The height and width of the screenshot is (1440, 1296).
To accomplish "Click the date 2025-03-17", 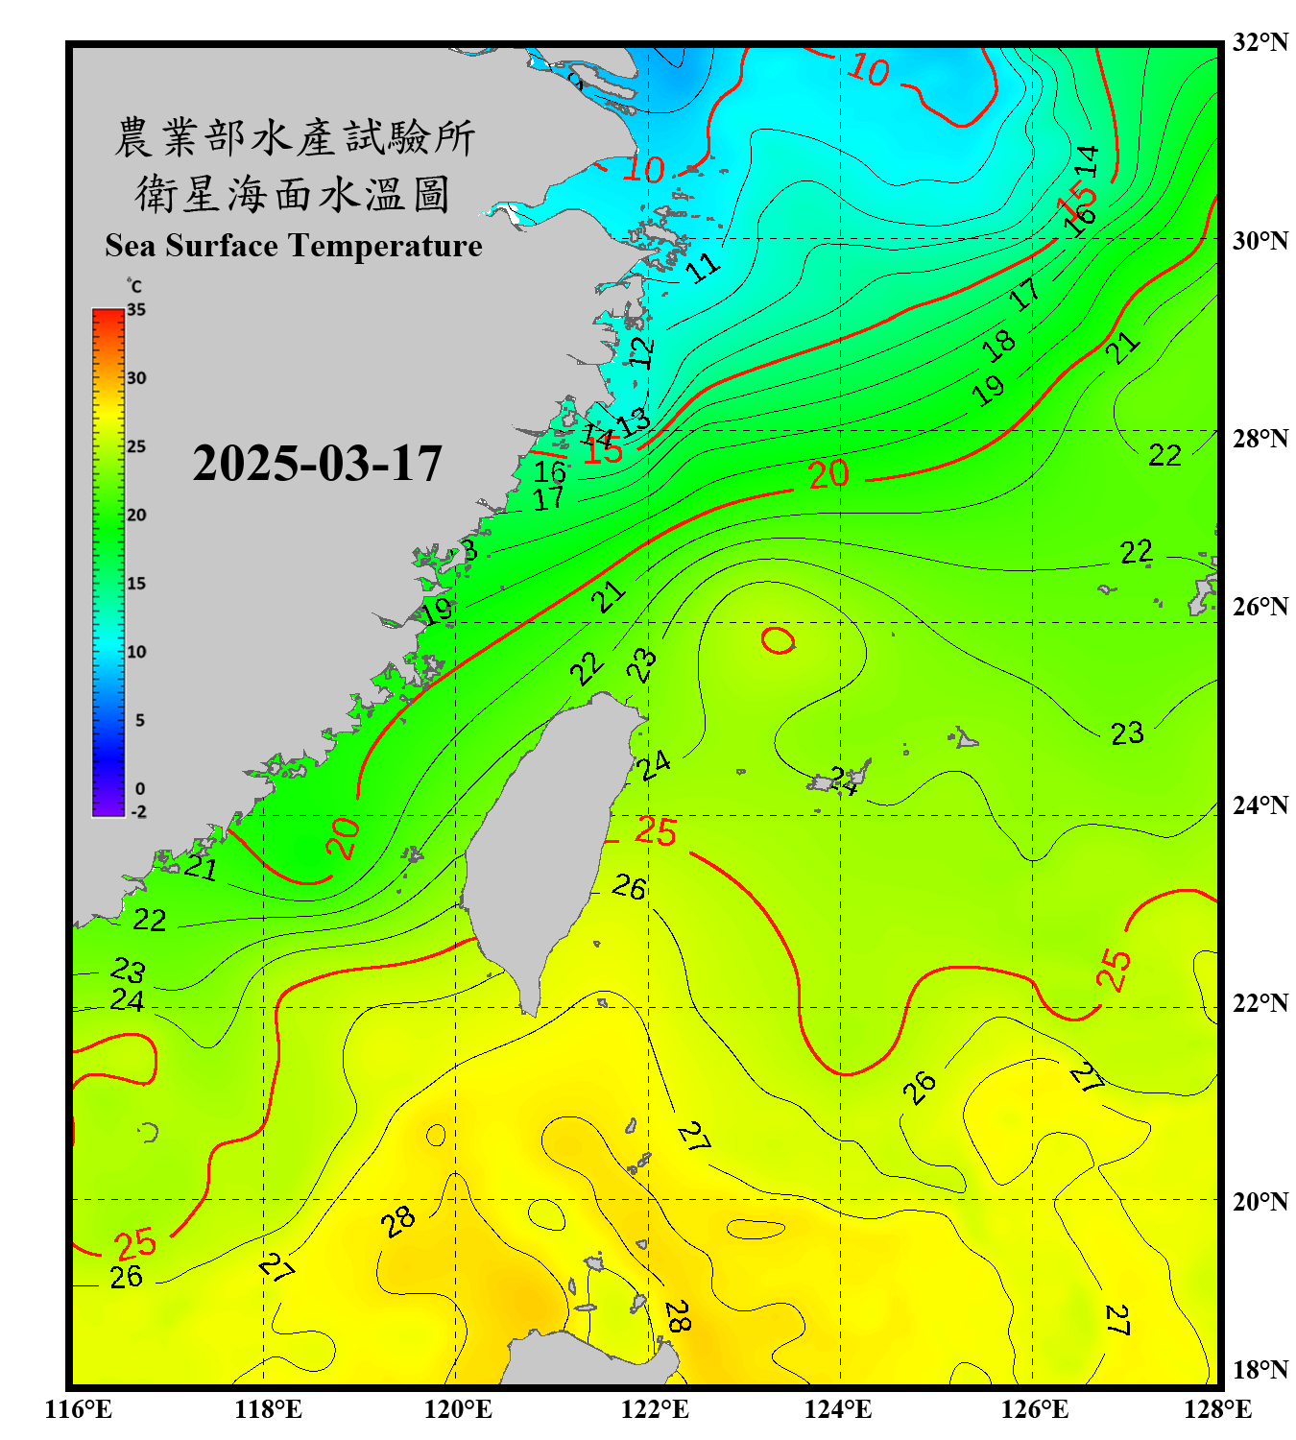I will (x=317, y=464).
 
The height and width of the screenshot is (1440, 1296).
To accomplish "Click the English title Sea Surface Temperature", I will (x=294, y=246).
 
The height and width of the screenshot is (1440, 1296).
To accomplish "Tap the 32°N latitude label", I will (x=1260, y=42).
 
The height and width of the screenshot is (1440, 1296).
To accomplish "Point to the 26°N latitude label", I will (x=1260, y=607).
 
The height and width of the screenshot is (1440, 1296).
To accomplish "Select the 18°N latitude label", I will (x=1260, y=1370).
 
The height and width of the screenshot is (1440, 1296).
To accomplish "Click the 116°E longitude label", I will (x=79, y=1409).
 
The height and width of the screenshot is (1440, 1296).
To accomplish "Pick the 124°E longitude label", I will (x=838, y=1409).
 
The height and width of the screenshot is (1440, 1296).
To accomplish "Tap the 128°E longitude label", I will (x=1217, y=1409).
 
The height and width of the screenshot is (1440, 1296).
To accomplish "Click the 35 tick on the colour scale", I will (x=136, y=310).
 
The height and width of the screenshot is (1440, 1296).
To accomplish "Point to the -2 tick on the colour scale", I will (x=138, y=812).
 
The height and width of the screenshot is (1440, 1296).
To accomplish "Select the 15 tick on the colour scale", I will (x=136, y=584).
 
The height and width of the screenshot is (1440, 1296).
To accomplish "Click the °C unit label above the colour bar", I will (x=134, y=286).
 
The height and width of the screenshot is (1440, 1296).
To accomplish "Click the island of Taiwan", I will (x=547, y=835).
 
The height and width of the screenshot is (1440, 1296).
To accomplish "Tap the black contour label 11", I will (x=704, y=266).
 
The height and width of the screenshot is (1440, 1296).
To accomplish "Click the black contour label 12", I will (x=641, y=351).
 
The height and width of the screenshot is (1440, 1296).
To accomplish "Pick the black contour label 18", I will (x=998, y=344).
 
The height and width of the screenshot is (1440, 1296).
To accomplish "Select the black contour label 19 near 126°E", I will (x=987, y=389).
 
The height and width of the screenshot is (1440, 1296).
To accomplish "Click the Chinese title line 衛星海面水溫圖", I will (x=293, y=194).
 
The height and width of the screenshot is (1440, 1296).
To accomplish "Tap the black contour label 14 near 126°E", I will (x=1086, y=160).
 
